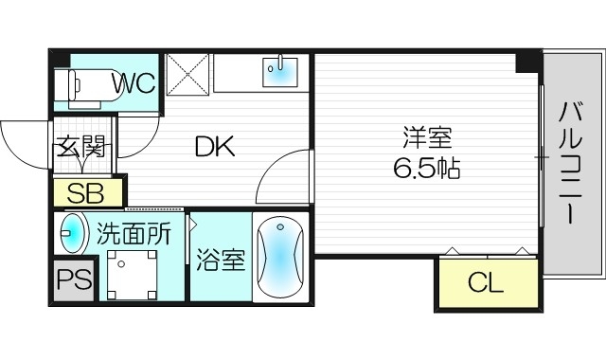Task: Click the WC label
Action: (134, 83)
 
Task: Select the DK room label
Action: (215, 147)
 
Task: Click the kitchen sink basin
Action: (279, 72)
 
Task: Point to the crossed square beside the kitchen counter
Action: (187, 73)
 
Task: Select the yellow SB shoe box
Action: (88, 193)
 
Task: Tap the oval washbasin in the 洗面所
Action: (71, 234)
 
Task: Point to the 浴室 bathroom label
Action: (221, 261)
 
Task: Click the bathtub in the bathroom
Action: (278, 257)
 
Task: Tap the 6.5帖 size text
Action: (426, 169)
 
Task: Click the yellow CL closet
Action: (486, 281)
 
